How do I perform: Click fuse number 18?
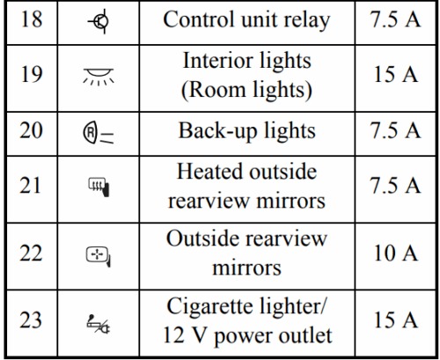[31, 19]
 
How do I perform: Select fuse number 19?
[31, 74]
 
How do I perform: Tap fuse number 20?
[31, 130]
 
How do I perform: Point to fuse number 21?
[30, 186]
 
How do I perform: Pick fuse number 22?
[31, 253]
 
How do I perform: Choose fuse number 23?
[31, 320]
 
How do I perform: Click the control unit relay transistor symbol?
[99, 21]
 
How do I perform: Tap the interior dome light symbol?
[99, 77]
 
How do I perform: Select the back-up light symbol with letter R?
[99, 135]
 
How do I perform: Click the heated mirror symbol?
[99, 187]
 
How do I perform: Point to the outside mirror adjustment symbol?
[99, 256]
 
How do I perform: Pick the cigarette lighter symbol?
[99, 324]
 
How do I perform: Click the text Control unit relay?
[246, 20]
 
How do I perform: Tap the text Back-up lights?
[247, 131]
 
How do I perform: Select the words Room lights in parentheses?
[247, 90]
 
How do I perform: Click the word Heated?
[210, 172]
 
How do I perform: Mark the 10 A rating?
[396, 253]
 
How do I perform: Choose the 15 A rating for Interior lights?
[396, 74]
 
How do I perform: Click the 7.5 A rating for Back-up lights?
[396, 130]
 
